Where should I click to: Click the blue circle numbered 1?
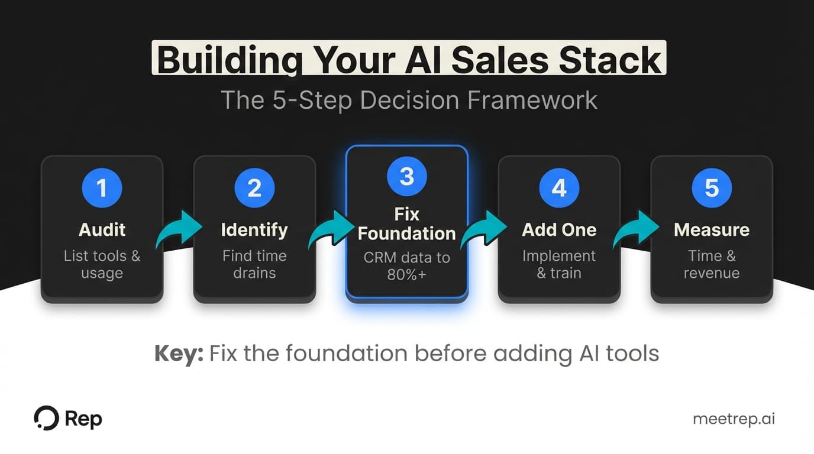tap(102, 188)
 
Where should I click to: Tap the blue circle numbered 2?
tap(254, 188)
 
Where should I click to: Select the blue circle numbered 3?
tap(407, 176)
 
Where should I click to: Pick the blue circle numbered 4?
tap(559, 188)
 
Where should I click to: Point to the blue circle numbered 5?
tap(712, 188)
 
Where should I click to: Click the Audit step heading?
tap(102, 229)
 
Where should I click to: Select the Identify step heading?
tap(254, 229)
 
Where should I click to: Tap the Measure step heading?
tap(712, 229)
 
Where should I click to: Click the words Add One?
tap(559, 229)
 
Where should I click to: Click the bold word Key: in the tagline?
tap(179, 354)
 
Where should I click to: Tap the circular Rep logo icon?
tap(46, 419)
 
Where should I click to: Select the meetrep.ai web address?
tap(734, 419)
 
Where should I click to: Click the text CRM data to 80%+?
tap(407, 266)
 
